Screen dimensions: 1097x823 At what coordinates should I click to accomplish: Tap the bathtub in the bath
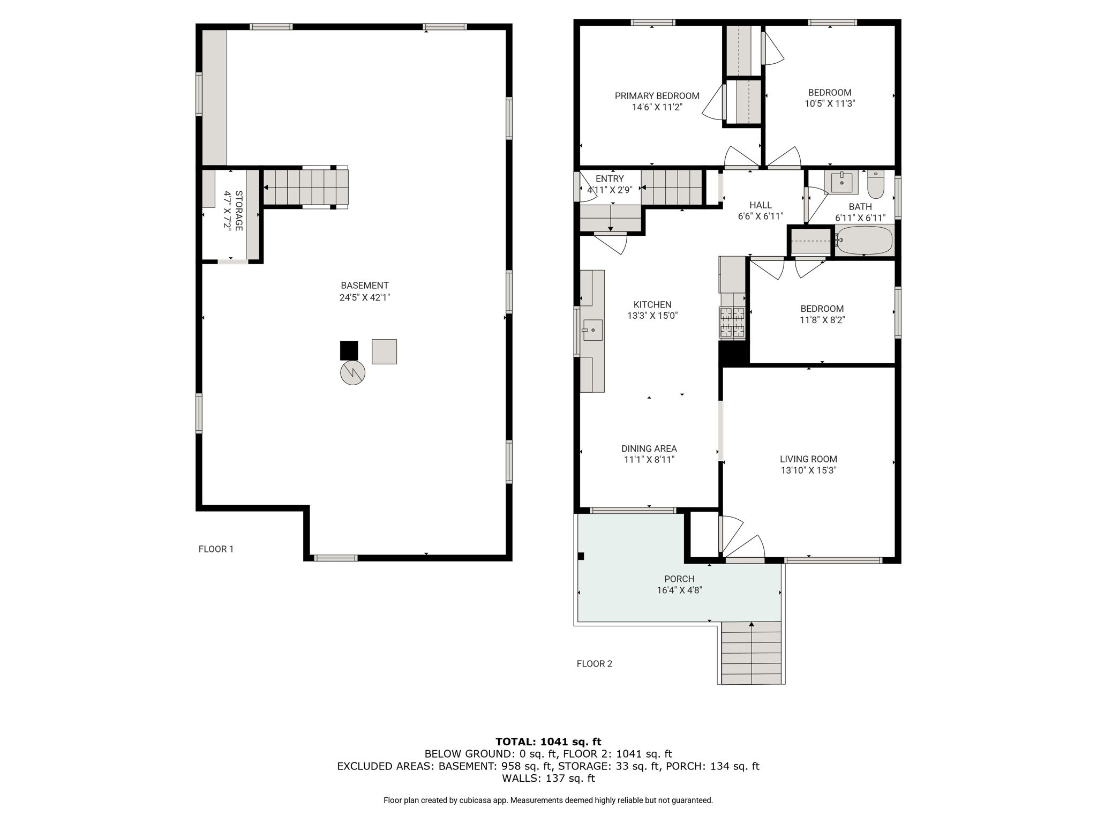(x=865, y=241)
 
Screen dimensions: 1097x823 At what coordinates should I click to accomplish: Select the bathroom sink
(x=841, y=182)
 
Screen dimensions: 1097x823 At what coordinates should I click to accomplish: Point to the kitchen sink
(x=592, y=330)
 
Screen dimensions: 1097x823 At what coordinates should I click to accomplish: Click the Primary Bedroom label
(x=657, y=96)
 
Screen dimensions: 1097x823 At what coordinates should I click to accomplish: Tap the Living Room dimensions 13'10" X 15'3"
(x=808, y=470)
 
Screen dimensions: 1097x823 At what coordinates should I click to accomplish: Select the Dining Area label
(x=649, y=448)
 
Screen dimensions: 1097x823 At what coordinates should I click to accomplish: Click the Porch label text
(x=679, y=579)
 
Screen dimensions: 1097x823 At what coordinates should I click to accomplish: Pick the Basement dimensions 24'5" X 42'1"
(x=365, y=297)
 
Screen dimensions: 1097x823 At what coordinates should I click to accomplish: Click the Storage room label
(x=239, y=211)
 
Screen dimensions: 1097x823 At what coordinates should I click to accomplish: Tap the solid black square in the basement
(x=349, y=350)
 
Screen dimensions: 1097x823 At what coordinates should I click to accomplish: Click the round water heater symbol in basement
(x=352, y=373)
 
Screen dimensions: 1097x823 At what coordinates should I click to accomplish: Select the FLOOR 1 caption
(x=216, y=549)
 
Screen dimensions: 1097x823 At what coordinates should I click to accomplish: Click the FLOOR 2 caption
(x=594, y=664)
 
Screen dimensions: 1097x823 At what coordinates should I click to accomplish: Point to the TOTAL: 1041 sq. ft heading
(x=548, y=742)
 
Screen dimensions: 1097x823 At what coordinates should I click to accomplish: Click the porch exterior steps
(x=752, y=653)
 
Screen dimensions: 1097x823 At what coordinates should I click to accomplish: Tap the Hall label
(x=761, y=205)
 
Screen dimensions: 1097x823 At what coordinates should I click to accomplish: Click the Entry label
(x=610, y=179)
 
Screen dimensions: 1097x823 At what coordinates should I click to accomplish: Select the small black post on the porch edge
(x=581, y=556)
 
